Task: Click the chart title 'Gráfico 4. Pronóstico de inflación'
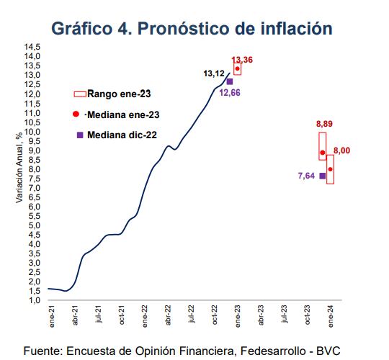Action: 192,28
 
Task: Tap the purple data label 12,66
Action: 228,93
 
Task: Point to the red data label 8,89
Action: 324,125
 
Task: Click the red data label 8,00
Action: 341,150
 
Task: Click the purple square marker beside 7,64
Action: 322,176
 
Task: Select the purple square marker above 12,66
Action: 229,81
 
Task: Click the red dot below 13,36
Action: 237,68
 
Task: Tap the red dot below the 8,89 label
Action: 322,153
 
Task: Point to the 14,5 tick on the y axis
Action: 32,47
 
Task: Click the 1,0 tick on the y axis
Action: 34,300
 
